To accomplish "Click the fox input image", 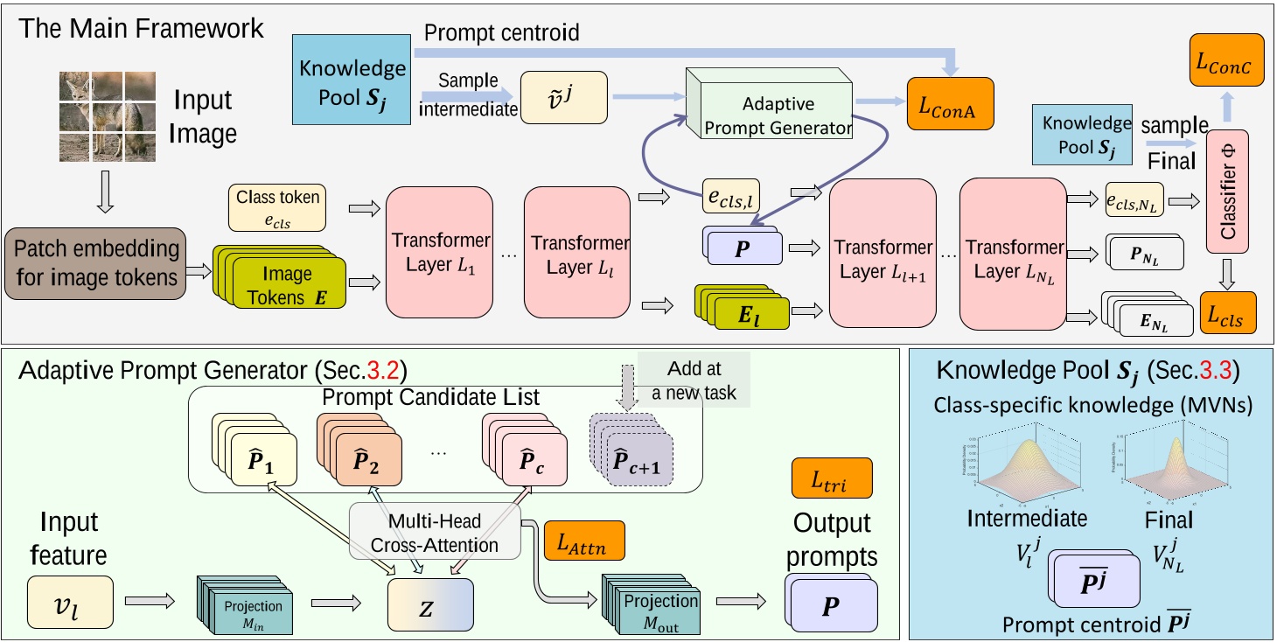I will coord(107,115).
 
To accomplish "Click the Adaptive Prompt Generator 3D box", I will coord(771,111).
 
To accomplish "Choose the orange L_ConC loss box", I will coord(1225,60).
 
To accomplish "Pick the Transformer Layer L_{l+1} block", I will coord(883,254).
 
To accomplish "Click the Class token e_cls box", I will coord(278,207).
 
